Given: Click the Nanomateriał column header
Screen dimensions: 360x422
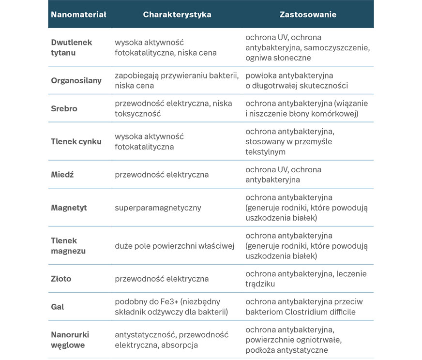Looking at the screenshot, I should (x=78, y=15).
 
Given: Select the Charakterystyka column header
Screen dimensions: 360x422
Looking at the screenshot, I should (x=177, y=15).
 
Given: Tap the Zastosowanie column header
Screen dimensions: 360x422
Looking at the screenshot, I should (x=308, y=15).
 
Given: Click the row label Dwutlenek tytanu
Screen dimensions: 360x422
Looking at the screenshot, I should (x=71, y=47).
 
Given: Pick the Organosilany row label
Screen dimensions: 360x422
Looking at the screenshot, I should (x=76, y=80).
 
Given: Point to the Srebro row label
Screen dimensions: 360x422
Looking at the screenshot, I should (x=64, y=108).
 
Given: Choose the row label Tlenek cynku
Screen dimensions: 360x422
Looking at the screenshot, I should (x=76, y=142).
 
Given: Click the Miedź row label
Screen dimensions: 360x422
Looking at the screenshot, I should (x=62, y=174).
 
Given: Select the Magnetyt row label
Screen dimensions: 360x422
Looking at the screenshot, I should (x=69, y=208).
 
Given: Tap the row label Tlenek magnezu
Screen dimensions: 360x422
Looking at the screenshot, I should (x=68, y=245).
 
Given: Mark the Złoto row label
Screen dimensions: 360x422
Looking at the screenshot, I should (x=61, y=279).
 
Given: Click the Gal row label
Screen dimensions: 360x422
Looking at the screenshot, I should (x=57, y=307).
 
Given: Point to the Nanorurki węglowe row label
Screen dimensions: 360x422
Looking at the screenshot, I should (x=70, y=340).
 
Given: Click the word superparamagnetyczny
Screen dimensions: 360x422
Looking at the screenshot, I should (x=158, y=208).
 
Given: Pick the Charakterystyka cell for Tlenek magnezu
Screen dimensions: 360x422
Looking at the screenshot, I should (x=174, y=246).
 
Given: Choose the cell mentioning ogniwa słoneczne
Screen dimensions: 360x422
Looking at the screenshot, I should (x=307, y=47).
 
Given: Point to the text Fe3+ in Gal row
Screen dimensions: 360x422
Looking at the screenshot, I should (x=167, y=302).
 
